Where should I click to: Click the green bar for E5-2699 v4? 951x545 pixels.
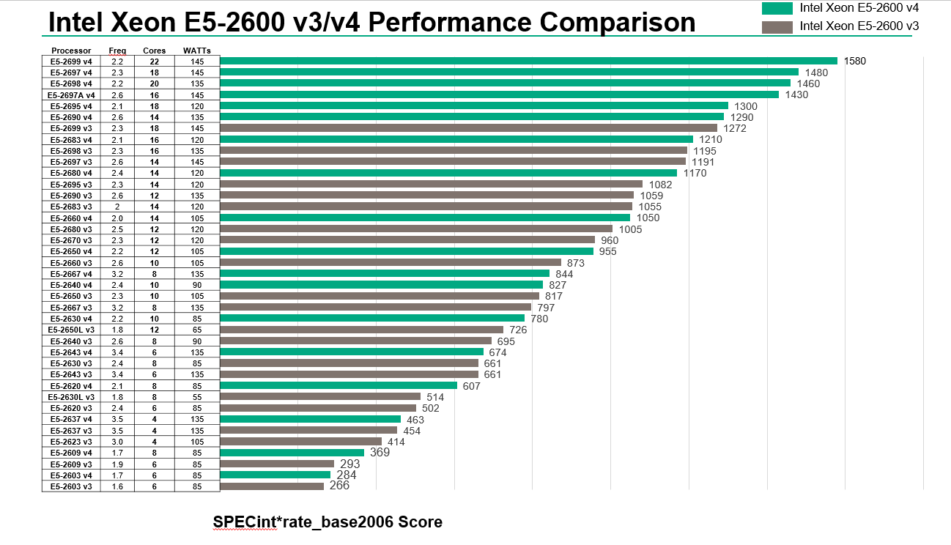528,61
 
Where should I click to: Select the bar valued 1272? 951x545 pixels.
469,128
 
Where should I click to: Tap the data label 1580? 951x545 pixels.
855,61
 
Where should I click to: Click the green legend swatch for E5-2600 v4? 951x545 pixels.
777,9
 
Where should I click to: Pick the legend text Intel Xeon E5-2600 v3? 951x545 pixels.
859,26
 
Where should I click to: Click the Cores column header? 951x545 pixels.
154,51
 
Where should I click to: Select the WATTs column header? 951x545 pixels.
197,51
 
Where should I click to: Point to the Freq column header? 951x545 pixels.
117,51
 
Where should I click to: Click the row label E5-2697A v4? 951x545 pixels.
71,95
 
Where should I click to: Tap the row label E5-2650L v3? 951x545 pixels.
71,330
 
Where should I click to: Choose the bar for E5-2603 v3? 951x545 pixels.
272,486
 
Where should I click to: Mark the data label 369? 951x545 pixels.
380,453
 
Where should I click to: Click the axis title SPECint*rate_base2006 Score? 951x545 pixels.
328,522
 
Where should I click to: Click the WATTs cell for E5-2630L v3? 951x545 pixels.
197,397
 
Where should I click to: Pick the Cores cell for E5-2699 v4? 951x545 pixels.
154,62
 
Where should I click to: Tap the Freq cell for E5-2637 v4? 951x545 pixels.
117,419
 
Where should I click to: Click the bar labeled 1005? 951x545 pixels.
416,229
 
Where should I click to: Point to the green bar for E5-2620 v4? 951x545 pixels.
338,385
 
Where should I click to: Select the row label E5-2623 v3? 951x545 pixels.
71,442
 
